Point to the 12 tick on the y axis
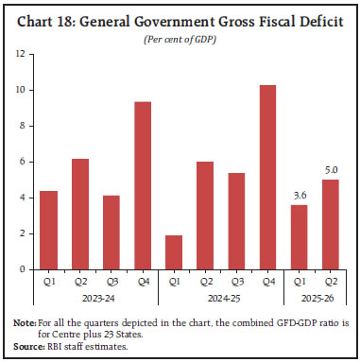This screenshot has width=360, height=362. pos(20,54)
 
